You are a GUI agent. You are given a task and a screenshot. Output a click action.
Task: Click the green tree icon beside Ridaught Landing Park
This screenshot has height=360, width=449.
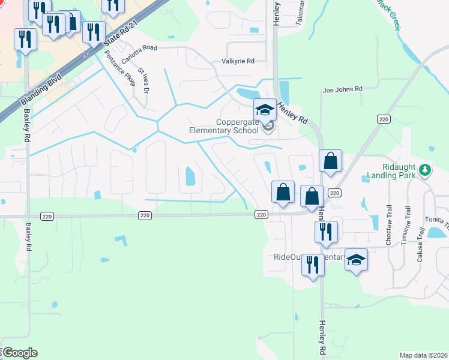pos(426,170)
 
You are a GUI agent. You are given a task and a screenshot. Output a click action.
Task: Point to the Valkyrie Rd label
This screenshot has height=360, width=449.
pos(238,61)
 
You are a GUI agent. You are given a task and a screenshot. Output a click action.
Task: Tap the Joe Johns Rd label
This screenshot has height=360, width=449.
pos(343,89)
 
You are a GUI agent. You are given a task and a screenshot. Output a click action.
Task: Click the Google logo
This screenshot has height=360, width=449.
pos(20,352)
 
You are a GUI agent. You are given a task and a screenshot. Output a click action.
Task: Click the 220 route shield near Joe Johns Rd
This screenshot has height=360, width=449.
pos(384,119)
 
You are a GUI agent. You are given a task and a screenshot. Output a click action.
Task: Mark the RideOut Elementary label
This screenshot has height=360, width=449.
pos(288,257)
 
